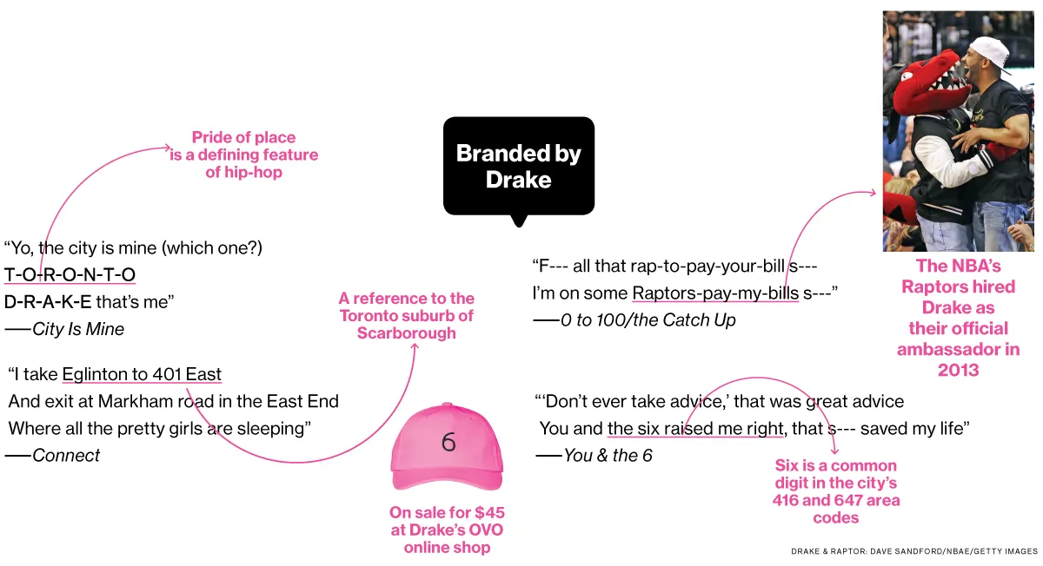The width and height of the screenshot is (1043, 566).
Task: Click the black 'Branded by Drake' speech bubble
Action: click(x=519, y=167)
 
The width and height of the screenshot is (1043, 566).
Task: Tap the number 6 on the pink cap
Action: click(x=448, y=442)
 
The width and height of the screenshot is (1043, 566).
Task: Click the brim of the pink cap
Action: click(x=448, y=479)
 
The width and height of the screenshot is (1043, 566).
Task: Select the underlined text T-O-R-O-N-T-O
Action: click(x=70, y=274)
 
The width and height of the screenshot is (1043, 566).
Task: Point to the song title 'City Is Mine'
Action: click(x=78, y=329)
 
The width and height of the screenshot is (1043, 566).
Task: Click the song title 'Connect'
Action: click(x=66, y=455)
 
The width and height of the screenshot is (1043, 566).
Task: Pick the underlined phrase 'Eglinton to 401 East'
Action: click(x=142, y=374)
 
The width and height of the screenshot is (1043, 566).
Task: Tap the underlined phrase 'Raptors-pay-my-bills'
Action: click(x=715, y=293)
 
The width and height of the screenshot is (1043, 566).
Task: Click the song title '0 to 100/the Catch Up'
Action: click(x=648, y=320)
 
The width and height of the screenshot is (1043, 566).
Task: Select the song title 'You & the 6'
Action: click(x=608, y=455)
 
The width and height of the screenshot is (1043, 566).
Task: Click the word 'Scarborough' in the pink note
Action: click(x=407, y=333)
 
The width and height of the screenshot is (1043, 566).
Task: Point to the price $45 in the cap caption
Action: click(x=489, y=512)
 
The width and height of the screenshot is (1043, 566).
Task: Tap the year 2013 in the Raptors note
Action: click(x=958, y=370)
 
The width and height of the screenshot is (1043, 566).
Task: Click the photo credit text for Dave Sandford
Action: click(x=914, y=551)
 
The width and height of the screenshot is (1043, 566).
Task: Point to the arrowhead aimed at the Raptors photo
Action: click(x=871, y=193)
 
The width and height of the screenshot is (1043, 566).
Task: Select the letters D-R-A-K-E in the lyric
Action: click(x=48, y=302)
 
